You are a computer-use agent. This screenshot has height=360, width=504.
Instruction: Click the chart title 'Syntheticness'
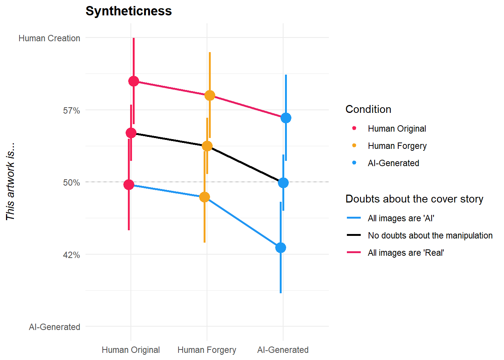(129, 11)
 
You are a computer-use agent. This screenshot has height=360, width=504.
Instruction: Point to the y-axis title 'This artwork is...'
(10, 181)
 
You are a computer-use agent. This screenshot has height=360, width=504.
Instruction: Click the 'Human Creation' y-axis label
(49, 38)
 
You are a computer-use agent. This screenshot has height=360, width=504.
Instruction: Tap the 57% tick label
(71, 111)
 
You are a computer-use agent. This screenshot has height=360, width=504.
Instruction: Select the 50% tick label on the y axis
(71, 183)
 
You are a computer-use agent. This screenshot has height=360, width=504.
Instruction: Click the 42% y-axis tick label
(71, 255)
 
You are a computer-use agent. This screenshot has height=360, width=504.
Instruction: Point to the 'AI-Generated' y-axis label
(54, 327)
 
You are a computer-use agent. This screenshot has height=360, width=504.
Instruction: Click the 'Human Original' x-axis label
(130, 350)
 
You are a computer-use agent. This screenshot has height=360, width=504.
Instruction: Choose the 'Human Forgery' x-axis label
(207, 350)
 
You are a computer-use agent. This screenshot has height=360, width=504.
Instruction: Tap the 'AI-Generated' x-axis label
(283, 350)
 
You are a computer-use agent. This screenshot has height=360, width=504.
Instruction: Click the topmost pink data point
(133, 81)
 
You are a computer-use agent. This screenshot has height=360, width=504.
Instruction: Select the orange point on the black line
(207, 146)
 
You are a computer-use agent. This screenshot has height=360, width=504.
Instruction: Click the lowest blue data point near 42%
(280, 247)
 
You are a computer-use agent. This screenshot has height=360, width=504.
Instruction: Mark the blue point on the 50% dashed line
(283, 183)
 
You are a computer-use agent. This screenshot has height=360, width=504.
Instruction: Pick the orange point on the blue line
(204, 197)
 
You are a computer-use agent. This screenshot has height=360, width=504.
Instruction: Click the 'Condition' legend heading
(368, 109)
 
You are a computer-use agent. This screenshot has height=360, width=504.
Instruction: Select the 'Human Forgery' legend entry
(397, 146)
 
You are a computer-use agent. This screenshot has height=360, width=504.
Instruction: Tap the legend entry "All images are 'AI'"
(400, 218)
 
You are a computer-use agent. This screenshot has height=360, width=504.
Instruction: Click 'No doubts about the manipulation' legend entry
(430, 235)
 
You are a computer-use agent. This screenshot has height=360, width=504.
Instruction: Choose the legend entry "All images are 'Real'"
(405, 253)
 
